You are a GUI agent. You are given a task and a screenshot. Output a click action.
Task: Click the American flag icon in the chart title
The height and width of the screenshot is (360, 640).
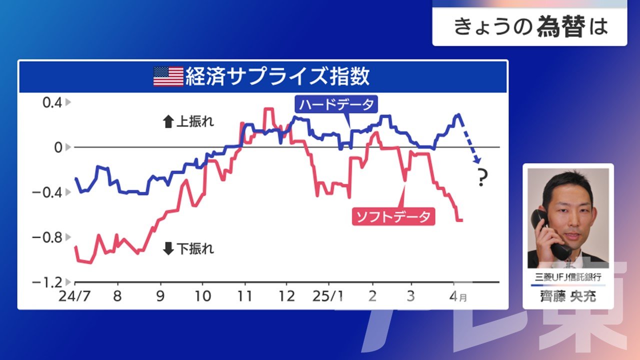168,76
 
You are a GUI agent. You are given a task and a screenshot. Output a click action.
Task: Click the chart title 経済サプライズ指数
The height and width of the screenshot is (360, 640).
277,76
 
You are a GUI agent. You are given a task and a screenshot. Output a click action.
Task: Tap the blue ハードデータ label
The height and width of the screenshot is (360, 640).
336,104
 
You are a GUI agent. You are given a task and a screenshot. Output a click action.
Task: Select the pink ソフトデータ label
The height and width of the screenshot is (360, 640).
393,216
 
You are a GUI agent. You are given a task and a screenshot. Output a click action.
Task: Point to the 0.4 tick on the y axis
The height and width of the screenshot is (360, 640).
52,102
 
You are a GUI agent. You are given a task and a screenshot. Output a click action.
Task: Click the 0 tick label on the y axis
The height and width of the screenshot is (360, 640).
58,147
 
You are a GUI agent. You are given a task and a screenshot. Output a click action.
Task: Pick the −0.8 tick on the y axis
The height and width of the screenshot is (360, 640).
47,237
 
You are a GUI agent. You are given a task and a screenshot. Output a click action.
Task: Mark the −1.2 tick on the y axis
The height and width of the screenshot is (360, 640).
47,282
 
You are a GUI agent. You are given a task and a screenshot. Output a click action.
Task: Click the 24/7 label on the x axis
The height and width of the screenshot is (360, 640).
74,296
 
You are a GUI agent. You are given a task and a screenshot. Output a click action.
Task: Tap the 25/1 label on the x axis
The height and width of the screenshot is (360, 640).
327,296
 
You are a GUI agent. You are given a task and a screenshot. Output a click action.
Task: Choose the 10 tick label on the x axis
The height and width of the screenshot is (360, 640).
202,296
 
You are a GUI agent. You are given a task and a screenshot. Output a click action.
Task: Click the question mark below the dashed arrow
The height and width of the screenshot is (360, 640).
482,177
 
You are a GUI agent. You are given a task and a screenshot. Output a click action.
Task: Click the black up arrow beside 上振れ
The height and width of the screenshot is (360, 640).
168,121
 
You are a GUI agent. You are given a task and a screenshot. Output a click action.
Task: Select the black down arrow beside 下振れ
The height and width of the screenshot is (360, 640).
168,248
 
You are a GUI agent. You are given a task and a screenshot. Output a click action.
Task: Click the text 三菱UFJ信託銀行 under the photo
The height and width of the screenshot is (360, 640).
568,277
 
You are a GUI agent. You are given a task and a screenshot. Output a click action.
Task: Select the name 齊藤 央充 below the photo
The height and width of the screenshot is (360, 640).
568,296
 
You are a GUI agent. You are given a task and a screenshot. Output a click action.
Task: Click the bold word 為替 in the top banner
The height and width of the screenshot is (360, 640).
561,26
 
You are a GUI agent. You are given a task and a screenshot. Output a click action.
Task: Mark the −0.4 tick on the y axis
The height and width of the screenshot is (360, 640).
47,192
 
